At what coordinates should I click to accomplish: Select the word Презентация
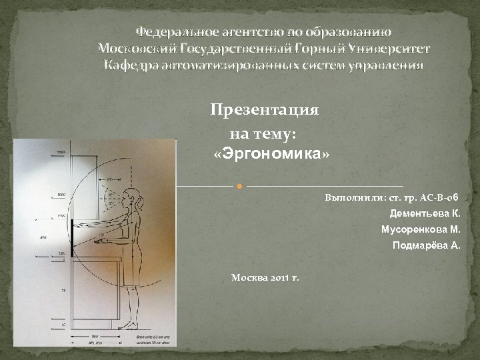coord(265,109)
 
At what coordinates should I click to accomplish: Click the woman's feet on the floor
coord(130,326)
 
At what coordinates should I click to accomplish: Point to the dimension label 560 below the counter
coord(95,336)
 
